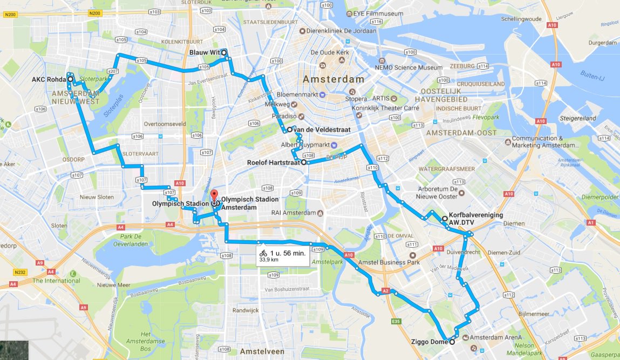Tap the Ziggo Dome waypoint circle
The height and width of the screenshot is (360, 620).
(452, 342)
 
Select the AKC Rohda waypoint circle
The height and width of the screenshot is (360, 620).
(70, 79)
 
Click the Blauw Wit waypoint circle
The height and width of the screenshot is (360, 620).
(223, 52)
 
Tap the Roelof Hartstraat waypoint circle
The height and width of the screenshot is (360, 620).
(303, 162)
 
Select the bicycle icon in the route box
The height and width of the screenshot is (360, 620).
(263, 253)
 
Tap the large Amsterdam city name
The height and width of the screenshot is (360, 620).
(333, 79)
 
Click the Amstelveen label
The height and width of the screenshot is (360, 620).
(261, 351)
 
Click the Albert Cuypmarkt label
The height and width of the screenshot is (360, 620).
(305, 145)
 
